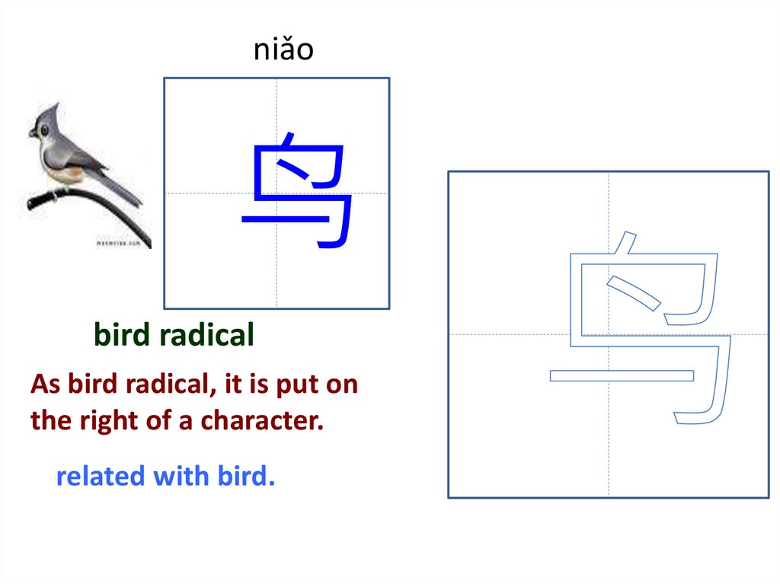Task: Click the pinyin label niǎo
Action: click(283, 50)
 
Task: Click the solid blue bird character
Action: click(299, 191)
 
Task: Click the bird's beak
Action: click(32, 135)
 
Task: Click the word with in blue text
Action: click(181, 477)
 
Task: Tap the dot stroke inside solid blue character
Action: click(295, 169)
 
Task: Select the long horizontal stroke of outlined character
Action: click(622, 375)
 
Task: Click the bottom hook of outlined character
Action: click(693, 416)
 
